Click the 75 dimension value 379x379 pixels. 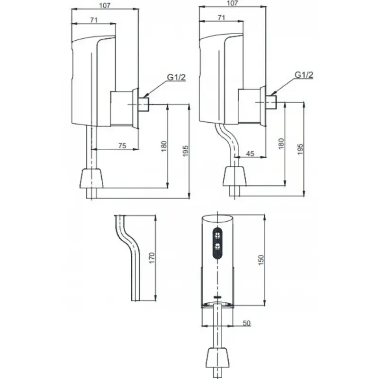pos(122,146)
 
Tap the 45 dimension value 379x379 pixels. pos(250,153)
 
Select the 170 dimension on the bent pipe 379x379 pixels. pos(152,258)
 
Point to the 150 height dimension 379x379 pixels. pos(261,260)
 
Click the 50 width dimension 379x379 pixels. pos(246,323)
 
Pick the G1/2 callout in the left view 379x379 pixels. pos(176,77)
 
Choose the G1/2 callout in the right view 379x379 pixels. pos(304,75)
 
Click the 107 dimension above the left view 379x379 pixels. pos(105,6)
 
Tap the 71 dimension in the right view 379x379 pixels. pos(221,18)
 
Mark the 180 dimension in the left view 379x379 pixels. pos(164,146)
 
